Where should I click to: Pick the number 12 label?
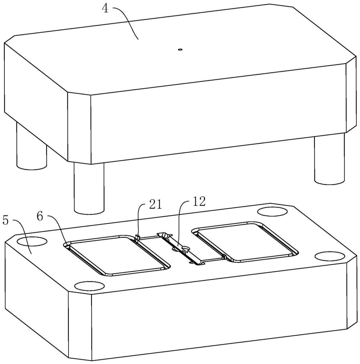click(199, 202)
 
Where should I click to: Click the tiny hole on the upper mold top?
click(180, 49)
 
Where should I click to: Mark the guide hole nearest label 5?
click(32, 241)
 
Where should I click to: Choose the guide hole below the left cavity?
click(89, 285)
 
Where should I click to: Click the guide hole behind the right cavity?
click(273, 212)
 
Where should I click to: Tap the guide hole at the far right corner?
click(329, 256)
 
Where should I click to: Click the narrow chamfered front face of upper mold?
click(79, 128)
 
